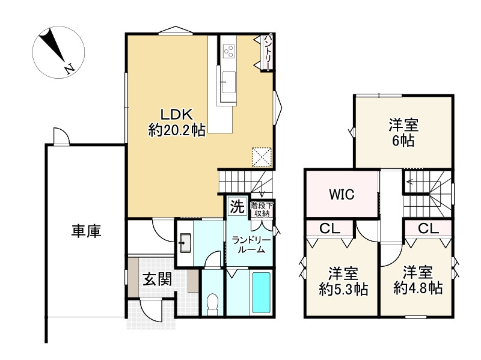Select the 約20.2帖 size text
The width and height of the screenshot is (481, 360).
click(176, 130)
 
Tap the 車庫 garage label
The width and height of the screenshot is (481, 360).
click(86, 231)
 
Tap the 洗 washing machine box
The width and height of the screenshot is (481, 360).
click(237, 207)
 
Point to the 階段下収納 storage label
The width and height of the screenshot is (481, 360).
click(262, 209)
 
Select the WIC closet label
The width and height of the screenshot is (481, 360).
click(341, 195)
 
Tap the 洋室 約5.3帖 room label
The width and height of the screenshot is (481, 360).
click(343, 280)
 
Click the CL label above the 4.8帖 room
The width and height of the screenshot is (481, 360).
click(427, 228)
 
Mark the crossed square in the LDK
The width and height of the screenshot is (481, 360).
click(262, 157)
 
